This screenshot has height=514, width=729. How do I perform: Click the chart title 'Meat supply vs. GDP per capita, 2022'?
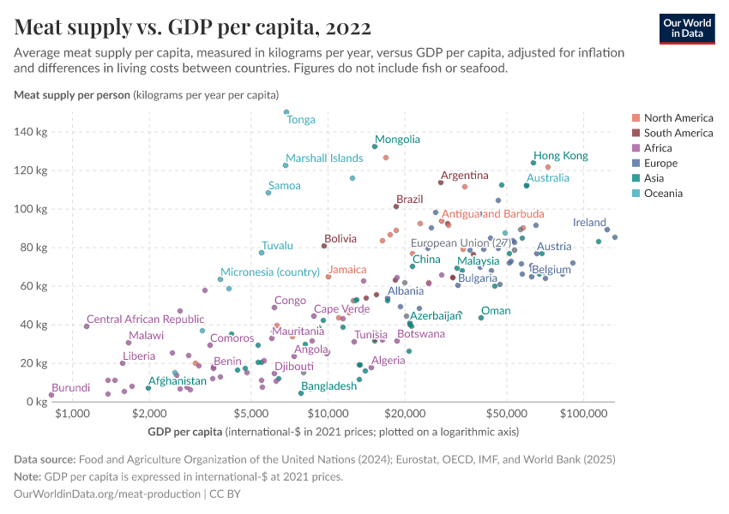[193, 27]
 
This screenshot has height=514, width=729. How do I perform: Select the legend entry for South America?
[678, 133]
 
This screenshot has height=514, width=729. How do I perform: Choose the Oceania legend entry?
[663, 194]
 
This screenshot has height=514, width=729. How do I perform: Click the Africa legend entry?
[659, 148]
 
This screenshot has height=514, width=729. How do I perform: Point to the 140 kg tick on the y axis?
[30, 132]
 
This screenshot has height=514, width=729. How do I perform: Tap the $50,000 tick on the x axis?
[506, 414]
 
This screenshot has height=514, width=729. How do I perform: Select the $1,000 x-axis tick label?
[72, 414]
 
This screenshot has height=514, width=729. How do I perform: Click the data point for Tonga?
[286, 112]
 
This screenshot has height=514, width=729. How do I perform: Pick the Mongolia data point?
[375, 146]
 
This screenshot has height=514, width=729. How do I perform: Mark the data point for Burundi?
[51, 395]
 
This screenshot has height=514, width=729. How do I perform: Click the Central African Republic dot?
[87, 326]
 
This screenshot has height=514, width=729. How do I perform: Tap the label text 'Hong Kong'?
[561, 156]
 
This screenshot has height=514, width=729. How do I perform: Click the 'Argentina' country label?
[465, 176]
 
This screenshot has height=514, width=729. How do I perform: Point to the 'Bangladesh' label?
[328, 386]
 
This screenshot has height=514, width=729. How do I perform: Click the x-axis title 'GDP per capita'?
[185, 431]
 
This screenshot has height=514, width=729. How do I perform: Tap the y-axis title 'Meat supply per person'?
[72, 94]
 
